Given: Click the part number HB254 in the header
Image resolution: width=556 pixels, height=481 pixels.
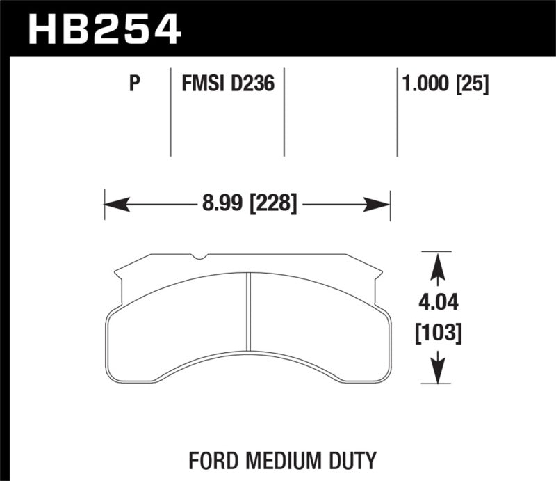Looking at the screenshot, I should point(104,29).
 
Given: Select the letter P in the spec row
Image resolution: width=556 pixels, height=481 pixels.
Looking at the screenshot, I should point(136,84).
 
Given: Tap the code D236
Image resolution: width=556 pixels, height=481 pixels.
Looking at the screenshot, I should point(252,84).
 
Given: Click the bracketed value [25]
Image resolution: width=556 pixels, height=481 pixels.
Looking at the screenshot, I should point(474,84).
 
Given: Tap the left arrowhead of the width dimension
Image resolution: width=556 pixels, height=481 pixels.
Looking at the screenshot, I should point(115,204).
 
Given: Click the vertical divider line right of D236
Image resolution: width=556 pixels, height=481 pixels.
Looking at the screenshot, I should point(284,111).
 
